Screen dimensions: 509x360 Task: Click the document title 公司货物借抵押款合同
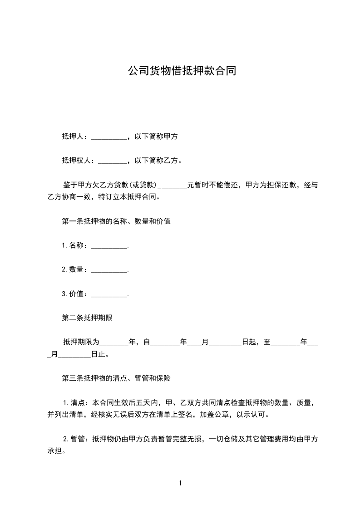pos(182,71)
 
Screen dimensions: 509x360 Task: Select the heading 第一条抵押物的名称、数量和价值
pos(116,221)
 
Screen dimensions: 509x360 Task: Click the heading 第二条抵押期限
pos(87,318)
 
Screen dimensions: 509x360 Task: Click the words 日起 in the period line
pos(249,342)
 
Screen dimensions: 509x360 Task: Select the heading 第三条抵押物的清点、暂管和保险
pos(116,377)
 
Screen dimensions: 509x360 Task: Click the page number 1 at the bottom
pos(180,483)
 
